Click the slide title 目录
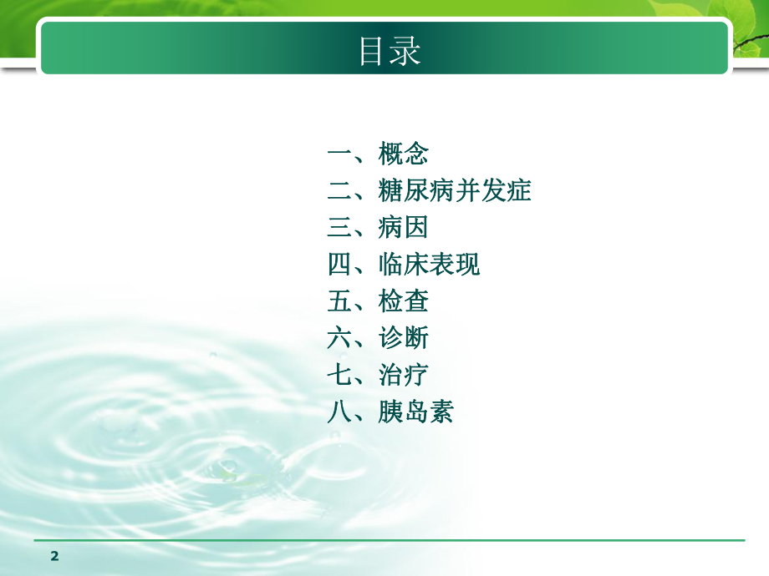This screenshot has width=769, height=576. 389,50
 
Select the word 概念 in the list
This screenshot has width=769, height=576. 404,154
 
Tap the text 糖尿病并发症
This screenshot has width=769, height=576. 455,191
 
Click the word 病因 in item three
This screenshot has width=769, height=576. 404,228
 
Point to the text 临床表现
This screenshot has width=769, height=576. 430,265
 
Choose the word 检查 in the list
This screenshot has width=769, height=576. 404,301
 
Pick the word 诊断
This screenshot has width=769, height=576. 404,338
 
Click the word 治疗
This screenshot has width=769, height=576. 404,375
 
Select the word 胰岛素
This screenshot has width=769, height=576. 416,412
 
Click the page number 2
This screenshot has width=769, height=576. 55,556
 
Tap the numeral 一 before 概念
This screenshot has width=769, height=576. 339,154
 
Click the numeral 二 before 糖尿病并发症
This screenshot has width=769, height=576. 339,191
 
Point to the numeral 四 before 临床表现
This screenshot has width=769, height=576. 339,265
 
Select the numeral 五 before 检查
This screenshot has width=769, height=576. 339,301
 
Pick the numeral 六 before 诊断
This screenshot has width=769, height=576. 339,338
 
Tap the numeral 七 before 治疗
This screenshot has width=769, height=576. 339,375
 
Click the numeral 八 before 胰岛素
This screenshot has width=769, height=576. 339,412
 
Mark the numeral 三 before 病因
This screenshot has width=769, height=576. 339,228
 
